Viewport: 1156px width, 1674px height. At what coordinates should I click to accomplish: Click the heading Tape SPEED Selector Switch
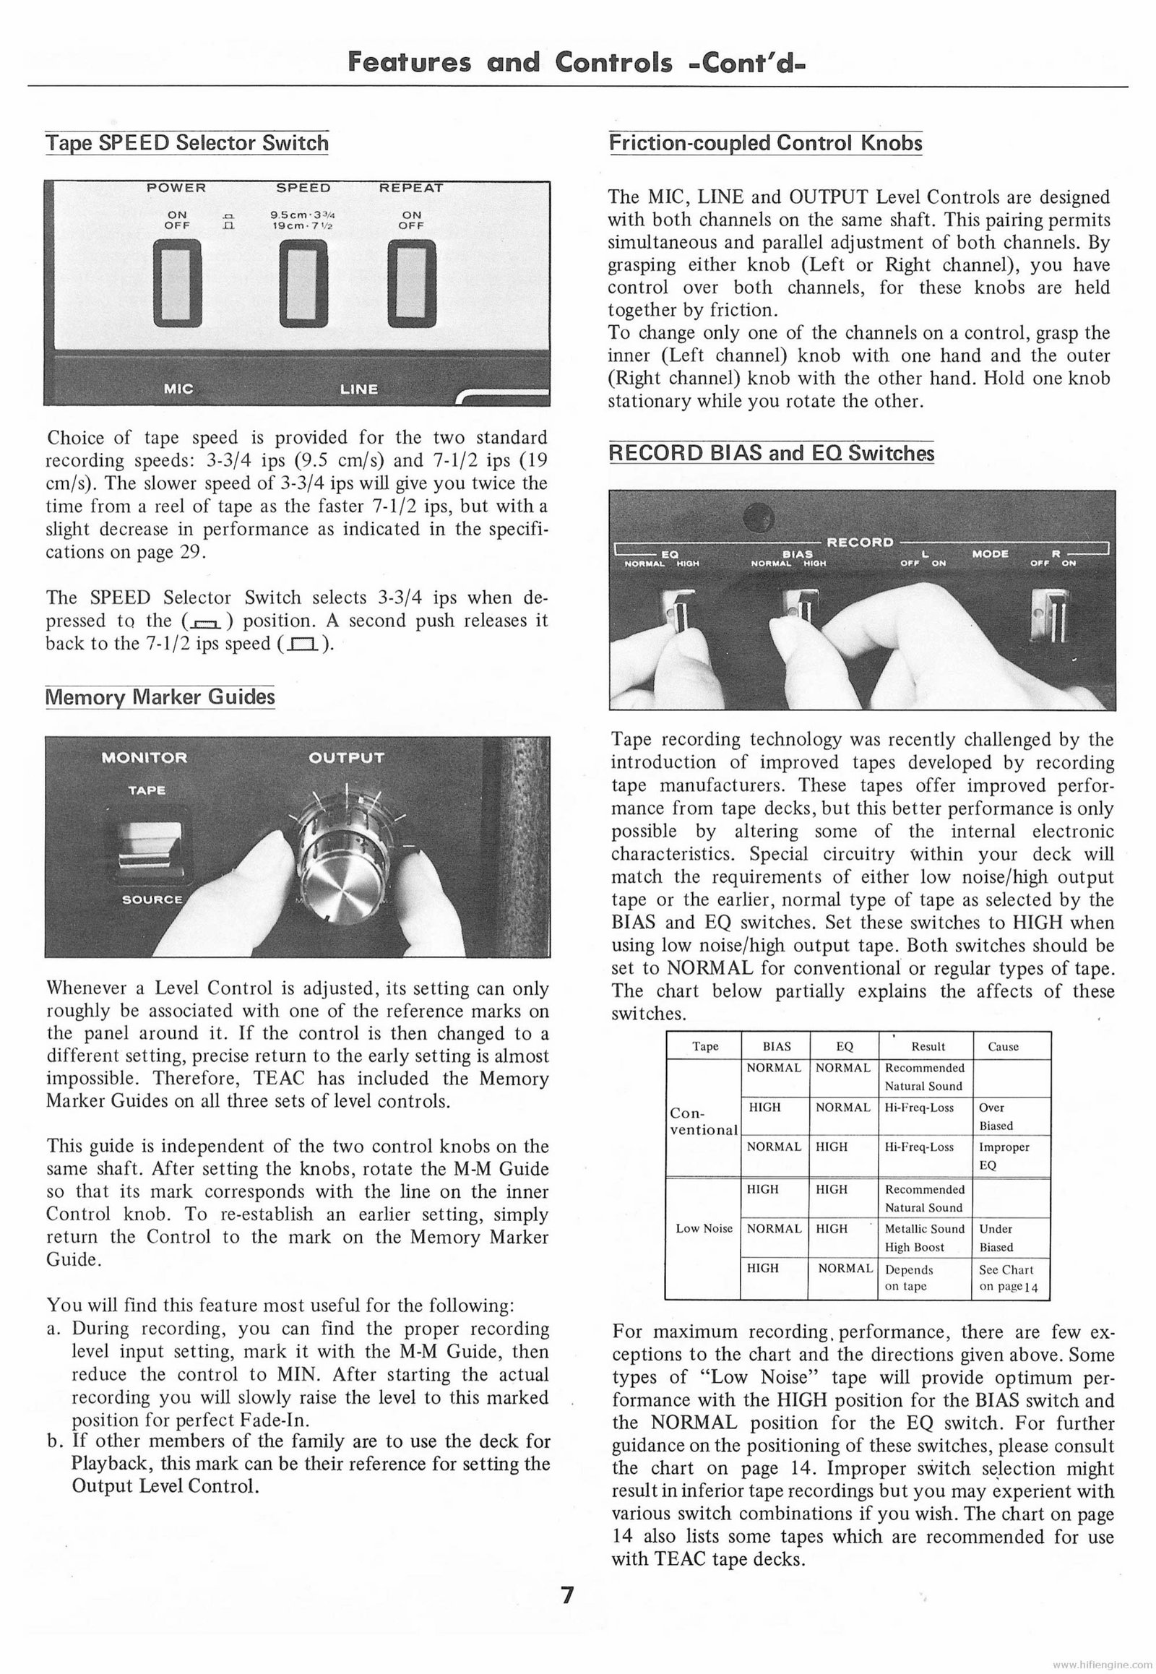point(187,143)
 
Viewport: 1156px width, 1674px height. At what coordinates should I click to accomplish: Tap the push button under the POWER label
point(177,283)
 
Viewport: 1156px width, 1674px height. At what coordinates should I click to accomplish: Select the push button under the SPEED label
point(303,283)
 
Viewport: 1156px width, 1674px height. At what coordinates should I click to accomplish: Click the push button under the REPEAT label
point(411,283)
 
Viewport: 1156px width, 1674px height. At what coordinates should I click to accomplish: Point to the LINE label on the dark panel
point(358,389)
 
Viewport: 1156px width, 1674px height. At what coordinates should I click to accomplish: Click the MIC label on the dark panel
point(178,389)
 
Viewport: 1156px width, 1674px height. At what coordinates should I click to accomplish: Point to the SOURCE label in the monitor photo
point(152,899)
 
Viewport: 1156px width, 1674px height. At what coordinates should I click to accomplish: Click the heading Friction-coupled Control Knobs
point(766,143)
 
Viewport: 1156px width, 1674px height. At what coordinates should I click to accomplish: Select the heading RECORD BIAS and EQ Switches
point(772,454)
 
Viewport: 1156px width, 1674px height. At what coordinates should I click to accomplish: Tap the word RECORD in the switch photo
point(860,542)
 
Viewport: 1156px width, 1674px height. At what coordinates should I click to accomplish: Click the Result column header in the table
point(927,1047)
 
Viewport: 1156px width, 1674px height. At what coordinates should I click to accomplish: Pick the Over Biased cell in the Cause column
point(996,1116)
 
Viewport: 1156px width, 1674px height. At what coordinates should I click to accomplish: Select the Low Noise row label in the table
point(703,1228)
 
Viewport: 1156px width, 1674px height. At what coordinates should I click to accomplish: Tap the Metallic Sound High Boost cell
point(925,1238)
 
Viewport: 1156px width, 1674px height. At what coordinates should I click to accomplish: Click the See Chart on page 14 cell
point(1007,1278)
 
